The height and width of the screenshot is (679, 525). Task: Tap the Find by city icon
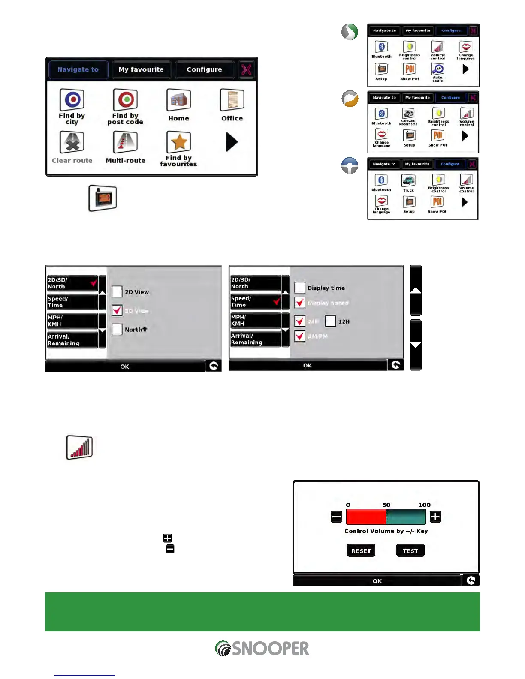tap(72, 100)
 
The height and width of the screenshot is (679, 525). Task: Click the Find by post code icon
tap(125, 100)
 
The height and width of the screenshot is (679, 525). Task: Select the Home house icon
tap(178, 100)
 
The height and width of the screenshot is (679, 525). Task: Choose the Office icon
tap(232, 100)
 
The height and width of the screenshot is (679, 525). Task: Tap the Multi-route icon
tap(125, 142)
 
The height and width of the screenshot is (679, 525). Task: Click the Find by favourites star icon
tap(178, 142)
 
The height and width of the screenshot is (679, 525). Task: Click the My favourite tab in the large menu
tap(141, 69)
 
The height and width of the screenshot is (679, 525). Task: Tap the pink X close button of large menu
tap(246, 69)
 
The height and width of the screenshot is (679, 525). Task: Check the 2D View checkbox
tap(117, 292)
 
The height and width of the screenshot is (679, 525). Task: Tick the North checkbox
tap(117, 329)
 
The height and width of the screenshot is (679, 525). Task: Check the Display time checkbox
tap(300, 288)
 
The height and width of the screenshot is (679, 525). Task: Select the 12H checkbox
tap(330, 321)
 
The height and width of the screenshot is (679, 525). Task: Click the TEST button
tap(410, 551)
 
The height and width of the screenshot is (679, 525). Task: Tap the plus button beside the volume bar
tap(435, 517)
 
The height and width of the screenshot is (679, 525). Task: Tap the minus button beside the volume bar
tap(337, 517)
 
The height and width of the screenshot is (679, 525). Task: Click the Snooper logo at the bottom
tap(262, 649)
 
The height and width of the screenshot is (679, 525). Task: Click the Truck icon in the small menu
tap(408, 181)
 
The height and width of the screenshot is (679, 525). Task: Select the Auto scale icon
tap(437, 69)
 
